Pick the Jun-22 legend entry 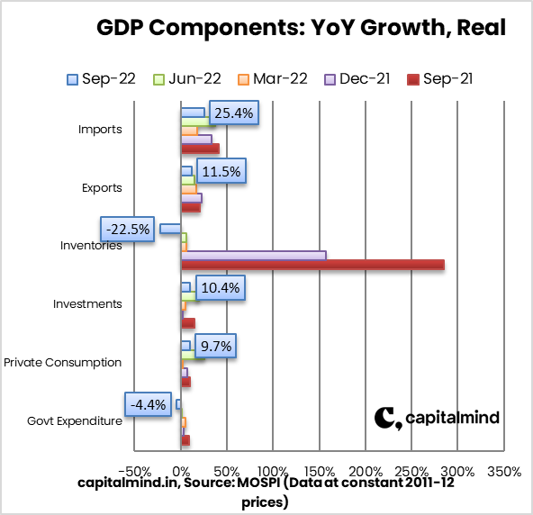pyautogui.click(x=187, y=78)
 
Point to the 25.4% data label pyautogui.click(x=232, y=113)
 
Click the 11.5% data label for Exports pyautogui.click(x=220, y=171)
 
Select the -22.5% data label pyautogui.click(x=127, y=229)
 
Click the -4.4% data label pyautogui.click(x=147, y=404)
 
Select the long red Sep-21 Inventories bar pyautogui.click(x=312, y=264)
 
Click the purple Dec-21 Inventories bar pyautogui.click(x=253, y=255)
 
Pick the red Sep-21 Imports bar pyautogui.click(x=200, y=149)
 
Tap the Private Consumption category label pyautogui.click(x=62, y=362)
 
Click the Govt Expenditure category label pyautogui.click(x=74, y=420)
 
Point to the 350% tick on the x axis pyautogui.click(x=503, y=471)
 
